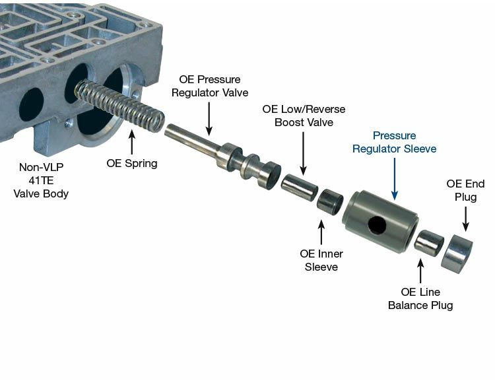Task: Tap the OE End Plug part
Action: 455,253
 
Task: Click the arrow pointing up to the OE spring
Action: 132,142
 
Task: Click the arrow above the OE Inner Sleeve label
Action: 321,232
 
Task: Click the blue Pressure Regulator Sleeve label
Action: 394,142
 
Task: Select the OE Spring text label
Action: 132,163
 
